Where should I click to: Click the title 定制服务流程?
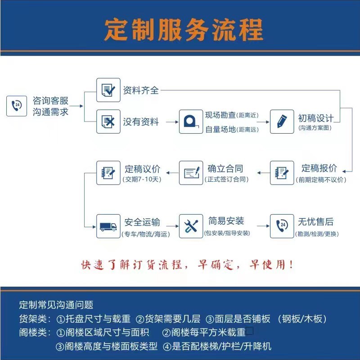[x=183, y=30]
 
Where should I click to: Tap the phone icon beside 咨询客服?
[x=18, y=105]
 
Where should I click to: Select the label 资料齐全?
[x=141, y=90]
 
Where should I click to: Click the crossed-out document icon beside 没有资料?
[x=108, y=121]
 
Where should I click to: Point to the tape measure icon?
[x=191, y=121]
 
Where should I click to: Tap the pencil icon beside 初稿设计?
[x=282, y=121]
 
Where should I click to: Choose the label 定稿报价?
[x=319, y=168]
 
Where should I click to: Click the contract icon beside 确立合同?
[x=191, y=173]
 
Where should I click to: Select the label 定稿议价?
[x=142, y=169]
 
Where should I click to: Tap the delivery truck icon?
[x=108, y=226]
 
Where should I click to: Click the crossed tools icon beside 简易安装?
[x=191, y=226]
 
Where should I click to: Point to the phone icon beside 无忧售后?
[x=282, y=226]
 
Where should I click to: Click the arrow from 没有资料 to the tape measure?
[x=170, y=121]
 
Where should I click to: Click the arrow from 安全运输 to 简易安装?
[x=169, y=224]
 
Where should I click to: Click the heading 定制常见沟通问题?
[x=56, y=305]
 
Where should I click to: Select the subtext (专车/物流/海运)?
[x=141, y=234]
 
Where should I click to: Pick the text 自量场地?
[x=220, y=130]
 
